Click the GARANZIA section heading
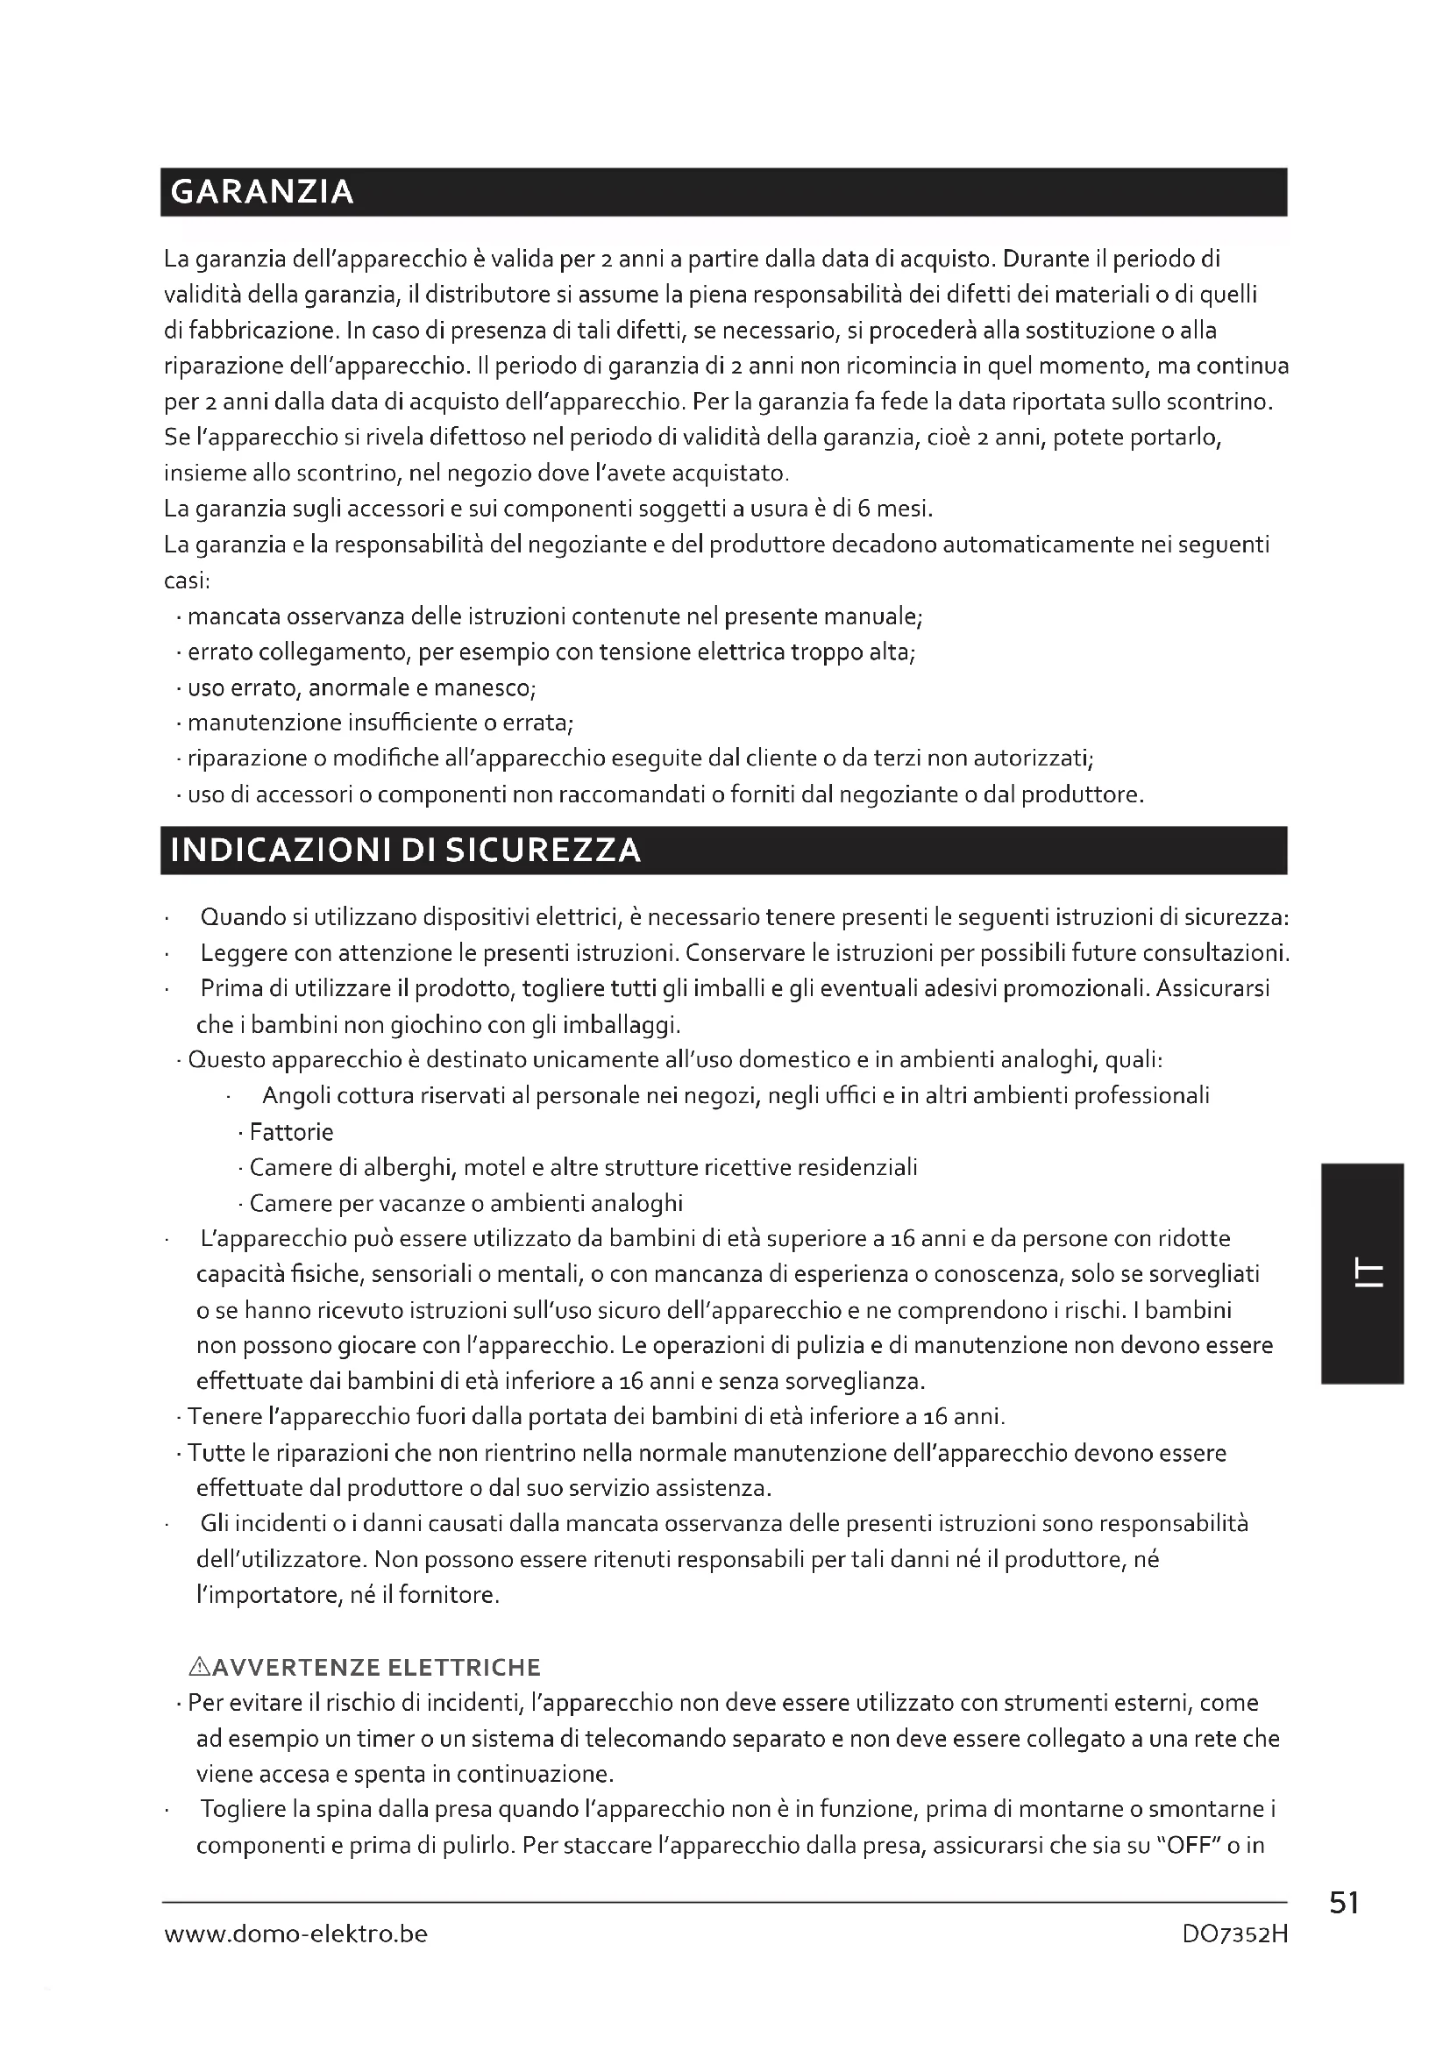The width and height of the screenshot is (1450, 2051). pos(261,193)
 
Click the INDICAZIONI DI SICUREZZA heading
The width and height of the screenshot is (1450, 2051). pos(405,851)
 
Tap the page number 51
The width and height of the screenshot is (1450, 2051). pos(1344,1904)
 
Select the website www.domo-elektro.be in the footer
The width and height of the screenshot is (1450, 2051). pos(295,1934)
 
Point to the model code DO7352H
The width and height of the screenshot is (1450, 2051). pos(1235,1935)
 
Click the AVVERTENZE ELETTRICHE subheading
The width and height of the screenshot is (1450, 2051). pos(377,1668)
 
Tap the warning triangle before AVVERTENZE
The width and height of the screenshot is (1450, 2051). pos(199,1667)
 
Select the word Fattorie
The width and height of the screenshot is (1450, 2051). pos(291,1133)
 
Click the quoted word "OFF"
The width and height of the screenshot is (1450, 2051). pos(1189,1847)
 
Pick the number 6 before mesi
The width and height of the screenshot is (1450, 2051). pos(864,509)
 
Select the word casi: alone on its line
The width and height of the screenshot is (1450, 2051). pos(187,581)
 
